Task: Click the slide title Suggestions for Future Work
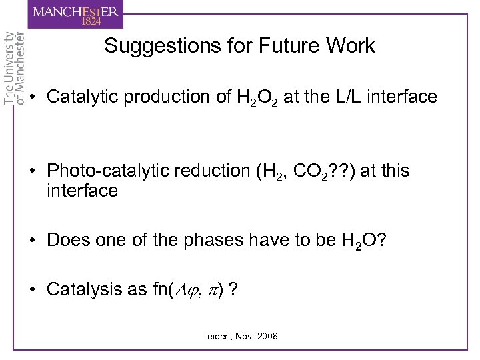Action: [240, 46]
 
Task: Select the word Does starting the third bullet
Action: [66, 239]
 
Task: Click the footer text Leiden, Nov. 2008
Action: [240, 336]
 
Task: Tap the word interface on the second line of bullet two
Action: [82, 191]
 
